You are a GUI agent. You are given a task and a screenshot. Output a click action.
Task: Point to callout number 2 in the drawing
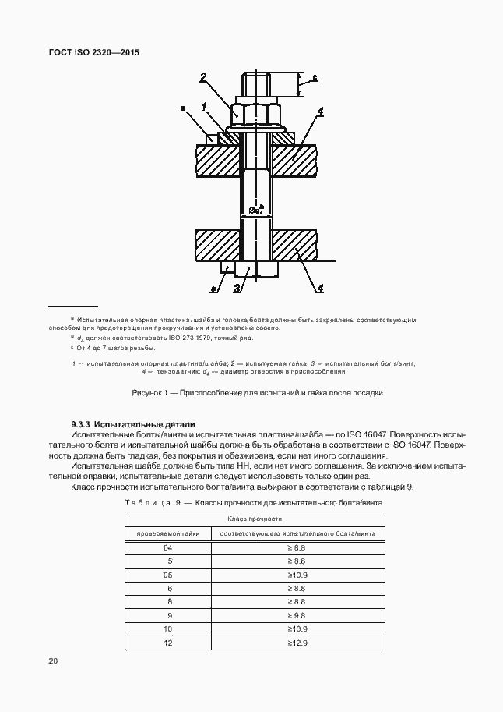click(203, 76)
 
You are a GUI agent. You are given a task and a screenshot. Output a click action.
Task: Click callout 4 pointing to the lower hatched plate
click(319, 289)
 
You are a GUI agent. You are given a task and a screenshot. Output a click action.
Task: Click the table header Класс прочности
click(254, 519)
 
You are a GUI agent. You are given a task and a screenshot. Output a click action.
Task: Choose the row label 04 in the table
click(167, 548)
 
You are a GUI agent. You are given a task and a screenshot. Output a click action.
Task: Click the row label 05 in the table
click(167, 575)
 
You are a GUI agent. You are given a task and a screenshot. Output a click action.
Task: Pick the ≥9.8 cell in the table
click(297, 615)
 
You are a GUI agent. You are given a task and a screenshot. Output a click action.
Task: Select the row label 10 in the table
click(167, 629)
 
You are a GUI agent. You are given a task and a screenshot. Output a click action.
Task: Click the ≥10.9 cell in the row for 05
click(297, 575)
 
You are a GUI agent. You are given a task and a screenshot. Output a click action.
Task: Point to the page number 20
click(53, 661)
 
